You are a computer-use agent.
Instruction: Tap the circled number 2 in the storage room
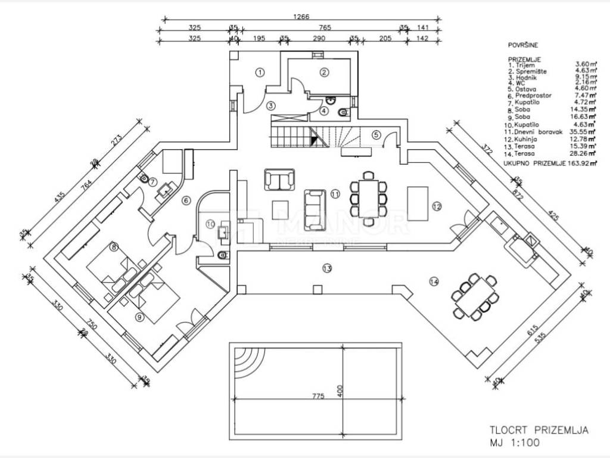pyautogui.click(x=324, y=72)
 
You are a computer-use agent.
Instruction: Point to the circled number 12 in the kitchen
pyautogui.click(x=437, y=207)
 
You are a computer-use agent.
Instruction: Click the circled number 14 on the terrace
pyautogui.click(x=433, y=281)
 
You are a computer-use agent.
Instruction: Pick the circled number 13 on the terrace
pyautogui.click(x=326, y=268)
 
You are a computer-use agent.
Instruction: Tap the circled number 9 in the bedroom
pyautogui.click(x=139, y=318)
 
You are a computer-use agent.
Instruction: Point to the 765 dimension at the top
pyautogui.click(x=325, y=28)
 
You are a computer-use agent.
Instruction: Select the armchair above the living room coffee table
pyautogui.click(x=279, y=180)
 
